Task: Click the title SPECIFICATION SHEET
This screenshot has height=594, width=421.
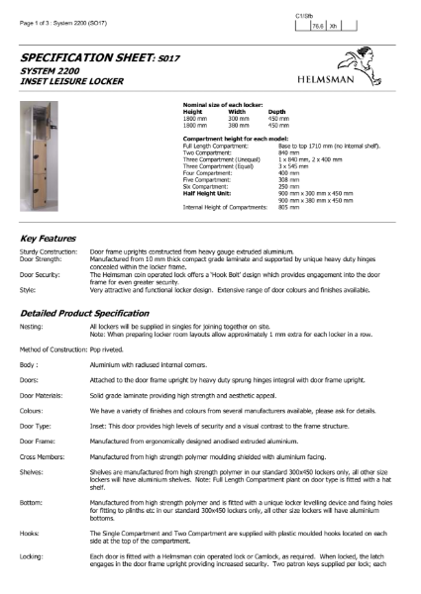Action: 93,59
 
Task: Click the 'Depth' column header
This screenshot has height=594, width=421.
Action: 277,112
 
